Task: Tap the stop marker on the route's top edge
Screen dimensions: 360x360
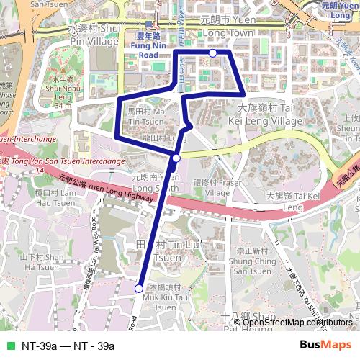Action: coord(213,53)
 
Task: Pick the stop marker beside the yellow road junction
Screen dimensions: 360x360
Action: coord(176,158)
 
